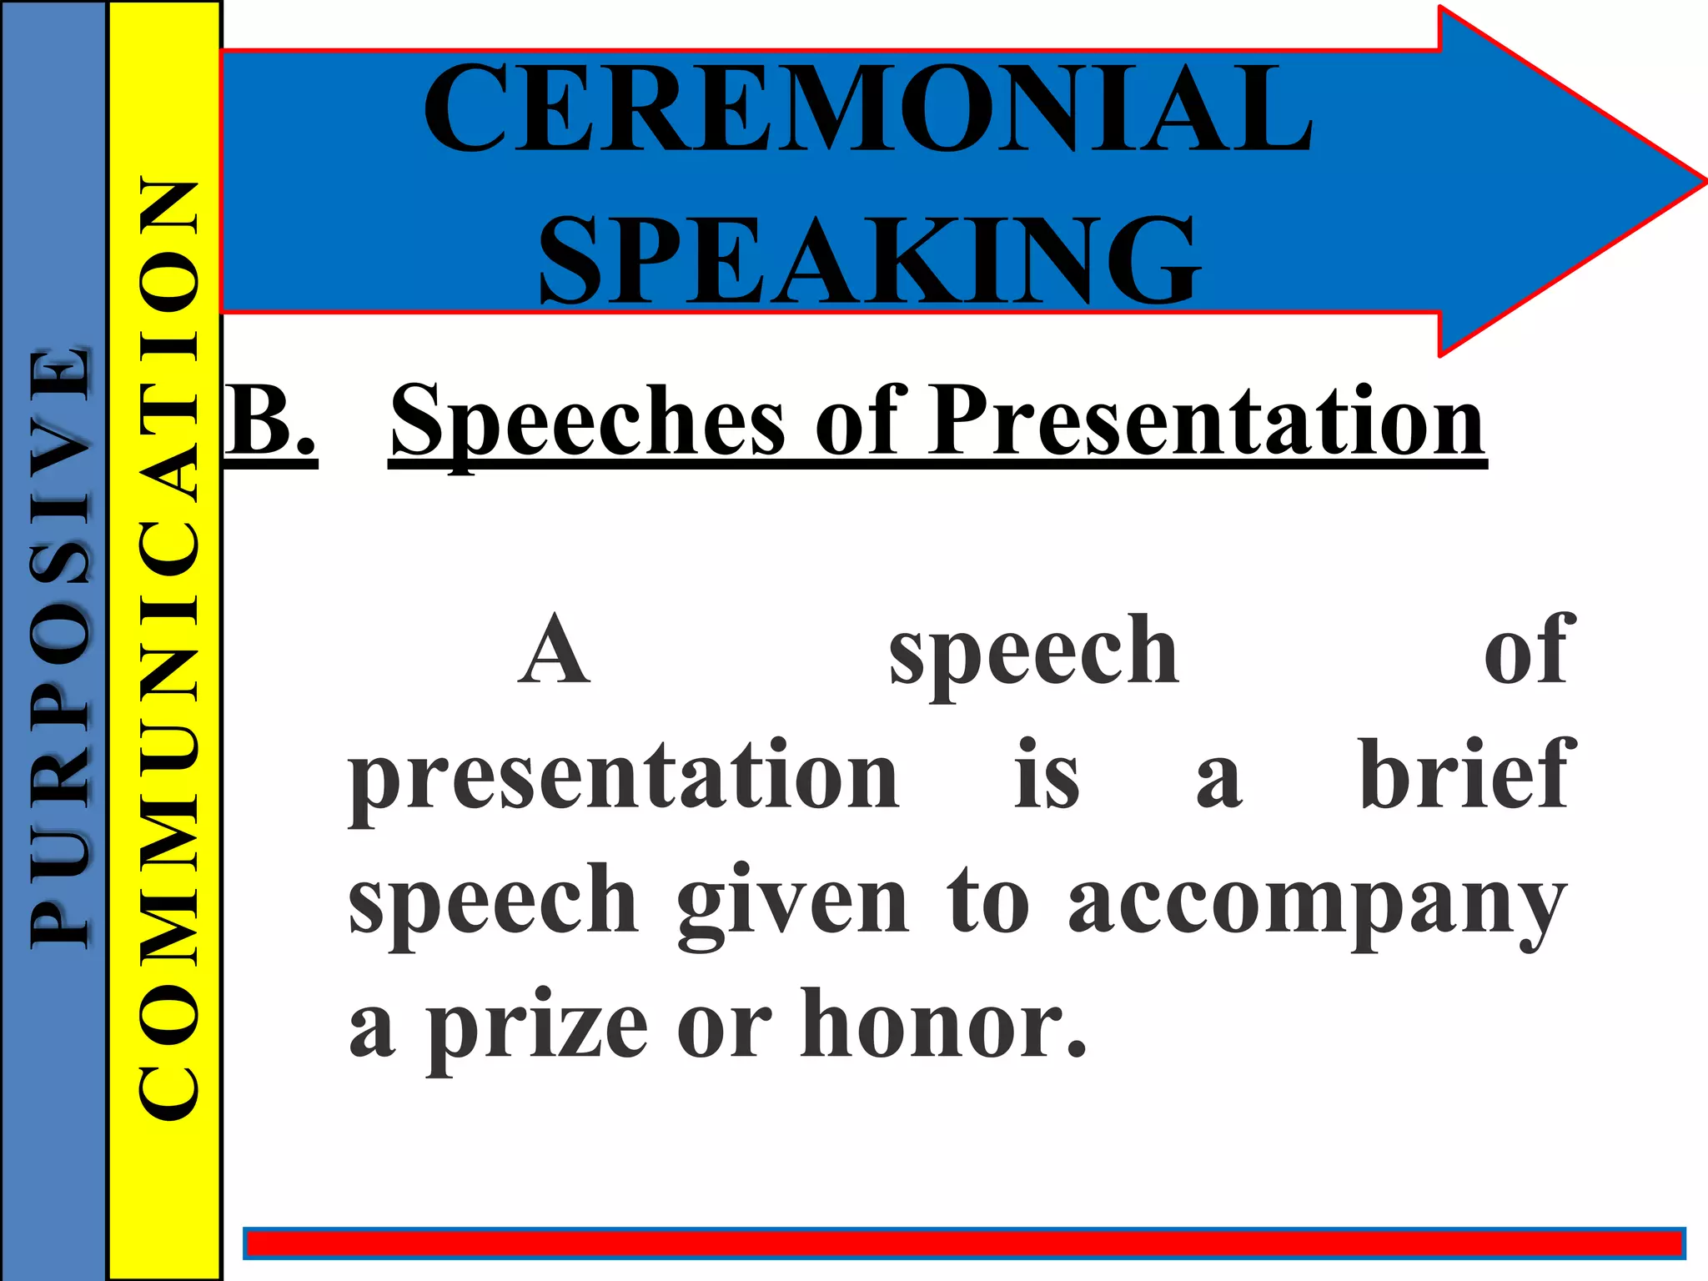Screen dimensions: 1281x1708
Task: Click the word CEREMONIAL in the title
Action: click(x=867, y=108)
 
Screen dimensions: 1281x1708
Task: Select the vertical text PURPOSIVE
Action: click(x=58, y=646)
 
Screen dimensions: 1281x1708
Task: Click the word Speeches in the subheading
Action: click(x=587, y=421)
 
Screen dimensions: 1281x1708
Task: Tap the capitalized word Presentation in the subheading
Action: click(x=1207, y=421)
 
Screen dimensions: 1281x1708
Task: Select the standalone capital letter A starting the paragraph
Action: click(x=554, y=651)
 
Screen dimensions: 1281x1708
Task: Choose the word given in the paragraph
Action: click(x=792, y=905)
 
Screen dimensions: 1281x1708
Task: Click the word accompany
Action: click(x=1318, y=905)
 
